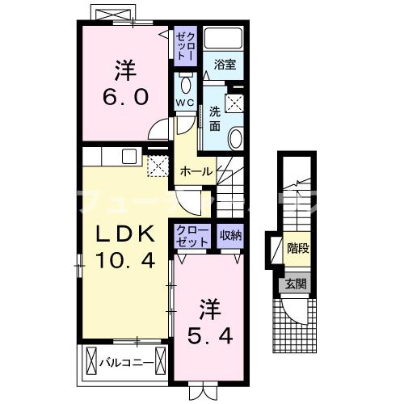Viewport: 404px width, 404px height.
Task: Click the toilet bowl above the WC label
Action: click(x=185, y=84)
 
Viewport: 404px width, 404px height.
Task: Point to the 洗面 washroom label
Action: click(x=214, y=119)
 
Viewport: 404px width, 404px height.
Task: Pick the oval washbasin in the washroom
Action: click(x=235, y=138)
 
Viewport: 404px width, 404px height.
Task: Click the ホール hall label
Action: click(x=196, y=171)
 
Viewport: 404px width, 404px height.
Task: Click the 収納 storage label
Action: click(x=230, y=235)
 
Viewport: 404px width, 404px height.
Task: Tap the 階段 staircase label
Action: click(x=297, y=249)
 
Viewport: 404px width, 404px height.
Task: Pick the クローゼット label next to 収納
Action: click(x=191, y=235)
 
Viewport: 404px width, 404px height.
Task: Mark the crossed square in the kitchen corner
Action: click(x=156, y=166)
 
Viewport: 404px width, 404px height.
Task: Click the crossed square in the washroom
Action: click(x=237, y=103)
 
